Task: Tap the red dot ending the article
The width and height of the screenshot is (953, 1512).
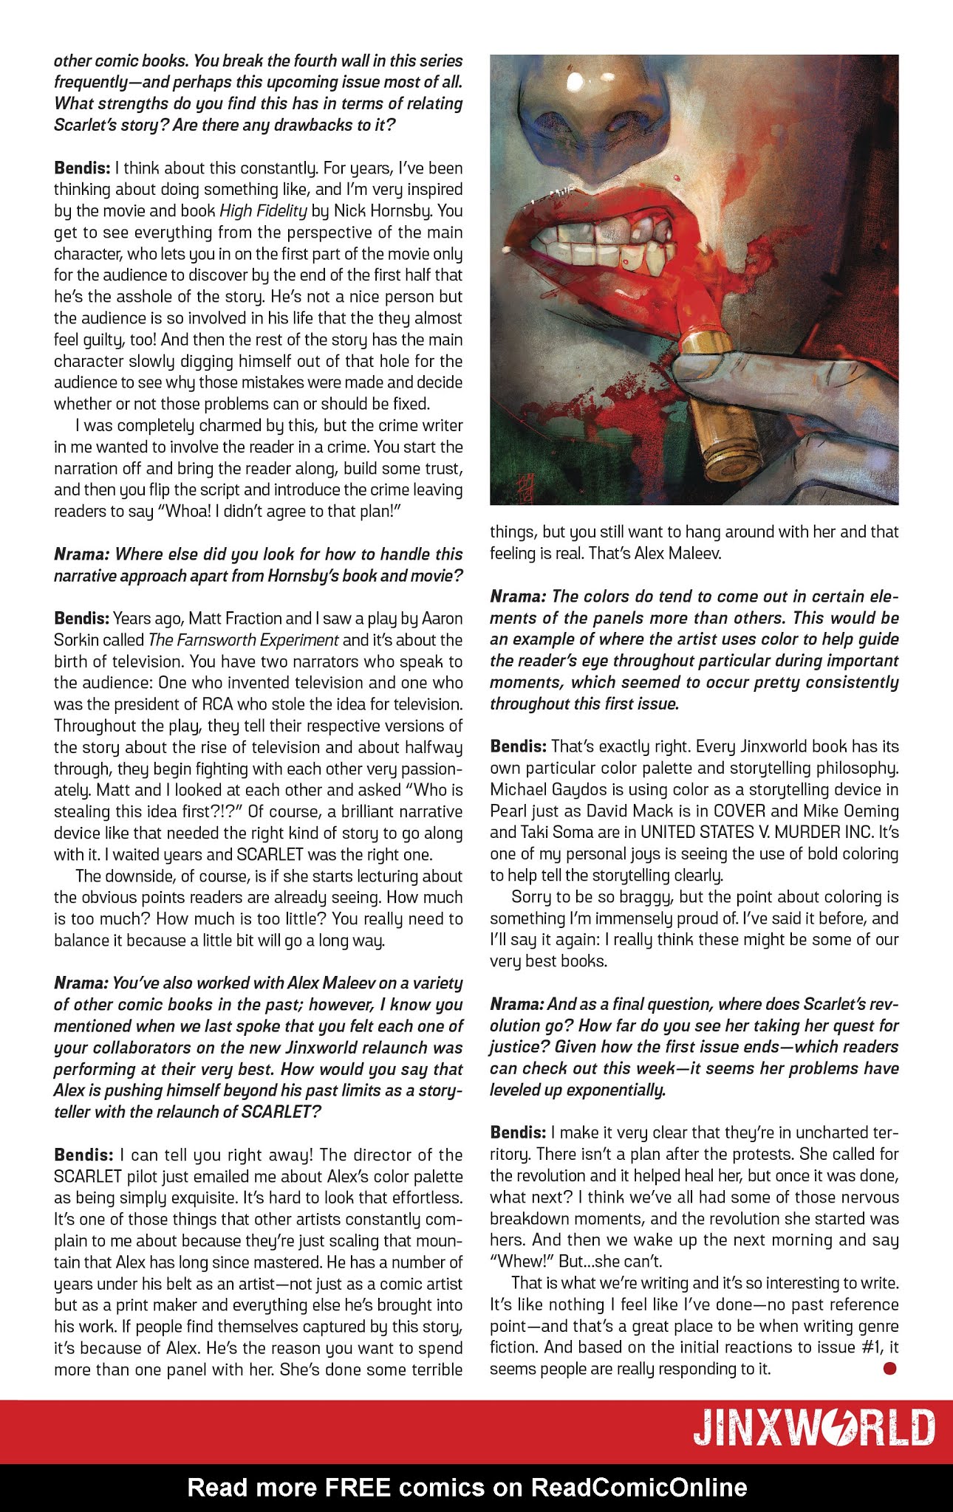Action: click(889, 1369)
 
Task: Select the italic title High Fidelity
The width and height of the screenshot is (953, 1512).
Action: click(263, 210)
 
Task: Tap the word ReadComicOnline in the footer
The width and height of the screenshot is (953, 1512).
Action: click(640, 1487)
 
